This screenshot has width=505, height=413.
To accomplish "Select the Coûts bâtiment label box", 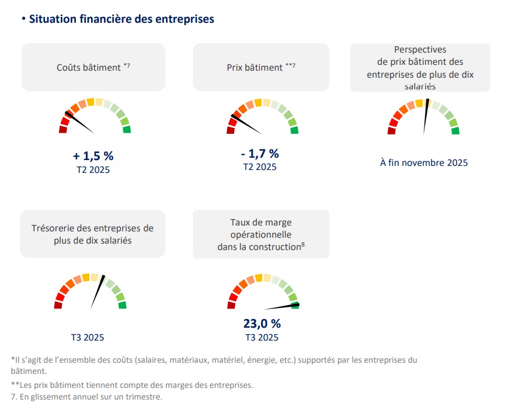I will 93,67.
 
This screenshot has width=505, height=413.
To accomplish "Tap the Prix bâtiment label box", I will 261,67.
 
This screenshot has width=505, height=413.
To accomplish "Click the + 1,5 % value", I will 93,156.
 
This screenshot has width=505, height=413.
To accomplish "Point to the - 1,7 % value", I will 260,154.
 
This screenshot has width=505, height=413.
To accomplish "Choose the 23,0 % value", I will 262,324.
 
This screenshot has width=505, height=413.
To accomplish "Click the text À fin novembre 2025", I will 424,163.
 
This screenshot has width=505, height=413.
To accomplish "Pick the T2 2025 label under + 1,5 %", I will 93,169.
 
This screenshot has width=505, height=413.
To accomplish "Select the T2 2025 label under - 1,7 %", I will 260,167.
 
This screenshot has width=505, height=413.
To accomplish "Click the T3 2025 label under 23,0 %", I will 262,337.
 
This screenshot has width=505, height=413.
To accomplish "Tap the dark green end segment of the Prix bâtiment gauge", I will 294,129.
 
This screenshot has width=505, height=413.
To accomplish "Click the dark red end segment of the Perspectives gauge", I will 391,131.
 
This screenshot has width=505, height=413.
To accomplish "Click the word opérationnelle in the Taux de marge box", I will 261,234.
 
